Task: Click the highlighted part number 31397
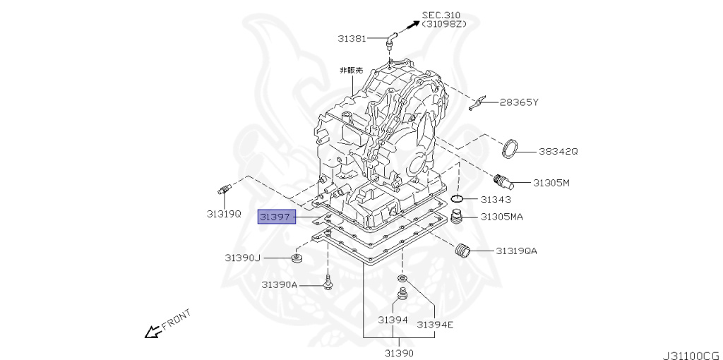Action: [x=275, y=217]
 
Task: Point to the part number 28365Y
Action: [x=519, y=102]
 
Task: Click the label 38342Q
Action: [x=558, y=151]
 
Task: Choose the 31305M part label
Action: [x=551, y=183]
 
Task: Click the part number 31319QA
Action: [x=516, y=251]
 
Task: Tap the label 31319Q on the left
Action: [x=224, y=212]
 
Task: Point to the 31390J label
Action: [x=243, y=258]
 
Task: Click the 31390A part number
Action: [x=280, y=284]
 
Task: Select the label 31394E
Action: [x=434, y=325]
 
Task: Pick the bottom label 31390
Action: [x=399, y=352]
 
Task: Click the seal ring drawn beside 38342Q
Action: [x=510, y=149]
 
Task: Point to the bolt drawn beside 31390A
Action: [x=328, y=284]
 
